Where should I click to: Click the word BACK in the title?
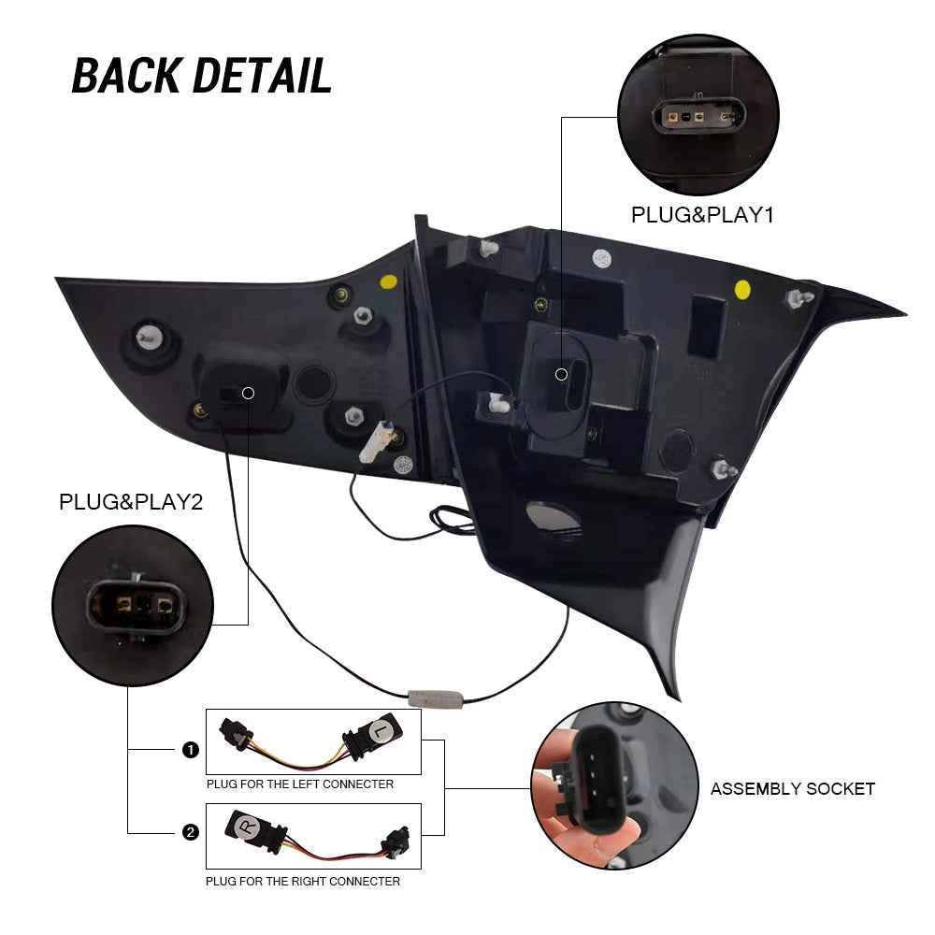[126, 76]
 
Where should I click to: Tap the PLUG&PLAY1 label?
[702, 215]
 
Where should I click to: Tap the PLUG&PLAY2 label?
[131, 502]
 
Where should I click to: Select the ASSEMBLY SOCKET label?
[793, 789]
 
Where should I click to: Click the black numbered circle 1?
[190, 750]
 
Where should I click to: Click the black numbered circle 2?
[190, 832]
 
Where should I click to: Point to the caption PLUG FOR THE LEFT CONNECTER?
[300, 784]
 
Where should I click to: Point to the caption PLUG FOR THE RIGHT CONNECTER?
[303, 882]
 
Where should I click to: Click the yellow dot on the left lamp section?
[389, 282]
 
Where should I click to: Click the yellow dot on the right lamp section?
[742, 290]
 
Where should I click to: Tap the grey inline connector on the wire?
[435, 698]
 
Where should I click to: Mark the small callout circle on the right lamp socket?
[561, 375]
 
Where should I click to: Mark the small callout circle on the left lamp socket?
[249, 393]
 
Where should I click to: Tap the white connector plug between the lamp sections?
[376, 441]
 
